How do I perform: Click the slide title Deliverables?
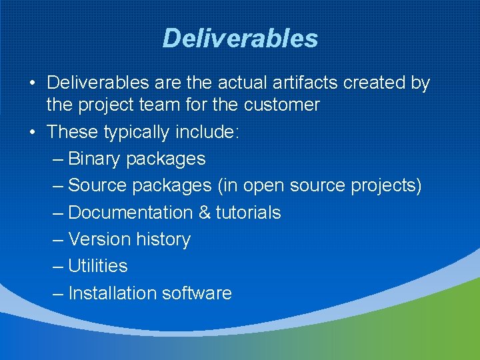click(240, 39)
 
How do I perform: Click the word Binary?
click(95, 159)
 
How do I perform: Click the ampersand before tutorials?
click(205, 213)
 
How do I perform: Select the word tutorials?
click(248, 213)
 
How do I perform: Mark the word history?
click(163, 239)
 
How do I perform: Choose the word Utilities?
click(98, 266)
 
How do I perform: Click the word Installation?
click(107, 293)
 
